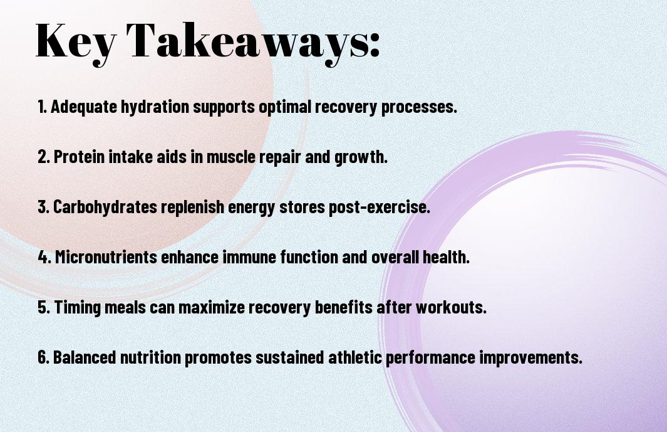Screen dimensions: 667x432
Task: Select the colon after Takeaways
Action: pos(375,46)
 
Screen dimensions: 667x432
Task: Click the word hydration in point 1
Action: pos(155,107)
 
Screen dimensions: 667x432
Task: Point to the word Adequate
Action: pos(84,107)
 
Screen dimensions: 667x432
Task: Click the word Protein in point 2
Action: pos(79,156)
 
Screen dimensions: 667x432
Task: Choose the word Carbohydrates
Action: pos(105,207)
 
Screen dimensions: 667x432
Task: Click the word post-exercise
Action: pos(380,208)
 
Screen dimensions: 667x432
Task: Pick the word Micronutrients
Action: pos(106,257)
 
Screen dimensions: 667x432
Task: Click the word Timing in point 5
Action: pos(78,307)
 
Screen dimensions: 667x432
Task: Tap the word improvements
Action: pos(531,357)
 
